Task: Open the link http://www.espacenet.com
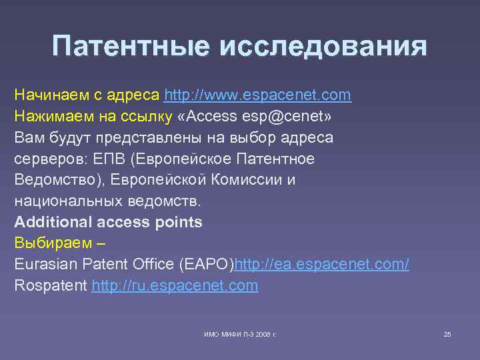[257, 95]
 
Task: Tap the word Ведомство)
[57, 180]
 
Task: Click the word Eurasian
[45, 265]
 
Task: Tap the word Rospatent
[50, 286]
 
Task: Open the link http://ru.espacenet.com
[175, 286]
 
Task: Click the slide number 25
[447, 333]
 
